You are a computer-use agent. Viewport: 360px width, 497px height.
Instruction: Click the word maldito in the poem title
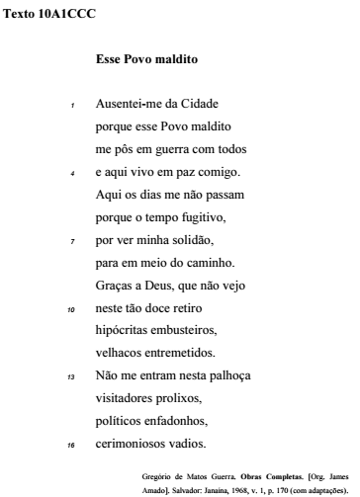coord(162,60)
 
